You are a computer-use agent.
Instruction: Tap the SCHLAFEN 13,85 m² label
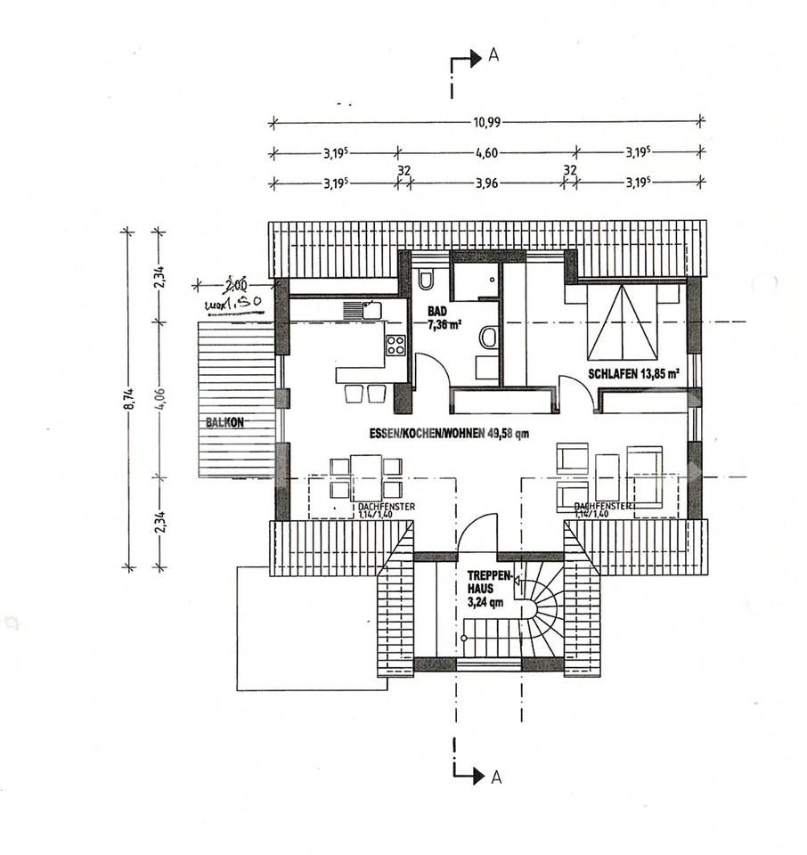[633, 374]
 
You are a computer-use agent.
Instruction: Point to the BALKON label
[224, 423]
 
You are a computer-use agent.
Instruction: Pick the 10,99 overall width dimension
[486, 121]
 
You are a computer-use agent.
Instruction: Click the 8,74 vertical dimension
[130, 399]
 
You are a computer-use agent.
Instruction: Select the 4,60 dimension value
[486, 152]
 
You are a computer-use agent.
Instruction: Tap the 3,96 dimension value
[486, 183]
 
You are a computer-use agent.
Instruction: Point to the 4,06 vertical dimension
[160, 399]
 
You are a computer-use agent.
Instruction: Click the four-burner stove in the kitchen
[395, 346]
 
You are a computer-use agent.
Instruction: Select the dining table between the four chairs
[366, 477]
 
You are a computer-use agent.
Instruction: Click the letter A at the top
[493, 56]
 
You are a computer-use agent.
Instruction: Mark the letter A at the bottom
[495, 777]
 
